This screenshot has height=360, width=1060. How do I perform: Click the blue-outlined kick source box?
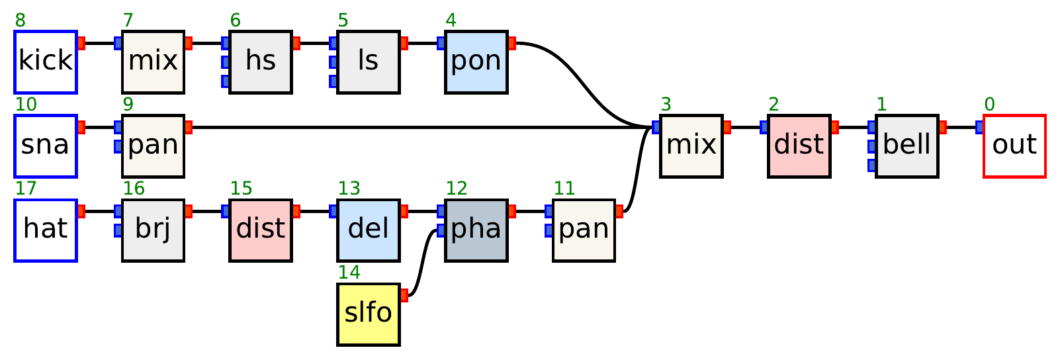point(46,62)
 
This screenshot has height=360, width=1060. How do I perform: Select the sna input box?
point(46,146)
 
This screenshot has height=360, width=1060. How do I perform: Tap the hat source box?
point(46,230)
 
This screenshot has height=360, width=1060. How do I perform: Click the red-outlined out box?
point(1014,146)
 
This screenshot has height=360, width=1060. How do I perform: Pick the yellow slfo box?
point(368,314)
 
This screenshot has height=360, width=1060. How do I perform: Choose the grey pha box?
point(476,230)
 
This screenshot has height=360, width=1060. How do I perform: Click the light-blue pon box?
point(476,62)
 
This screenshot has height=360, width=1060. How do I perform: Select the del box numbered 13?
point(368,230)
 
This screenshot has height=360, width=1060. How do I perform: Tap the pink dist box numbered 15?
point(261,230)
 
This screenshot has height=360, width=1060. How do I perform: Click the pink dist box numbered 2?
point(799,146)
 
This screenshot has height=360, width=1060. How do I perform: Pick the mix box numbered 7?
point(153,62)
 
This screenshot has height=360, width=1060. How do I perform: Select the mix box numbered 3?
point(691,146)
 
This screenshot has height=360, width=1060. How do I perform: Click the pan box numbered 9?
point(153,146)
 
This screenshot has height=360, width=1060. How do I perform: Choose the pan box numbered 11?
point(584,230)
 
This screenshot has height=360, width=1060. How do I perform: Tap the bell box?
point(906,146)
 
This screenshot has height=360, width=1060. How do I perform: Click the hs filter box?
point(261,62)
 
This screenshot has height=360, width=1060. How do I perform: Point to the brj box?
point(153,230)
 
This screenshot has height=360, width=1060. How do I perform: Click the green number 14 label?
point(349,272)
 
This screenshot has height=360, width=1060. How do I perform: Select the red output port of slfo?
point(404,295)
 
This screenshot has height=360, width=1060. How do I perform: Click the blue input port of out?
point(980,127)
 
